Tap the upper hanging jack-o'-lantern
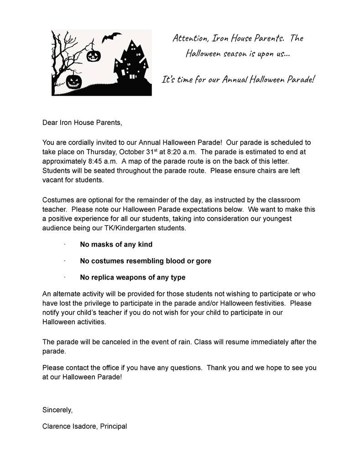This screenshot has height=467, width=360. pyautogui.click(x=93, y=55)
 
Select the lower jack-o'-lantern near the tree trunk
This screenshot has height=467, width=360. pyautogui.click(x=73, y=82)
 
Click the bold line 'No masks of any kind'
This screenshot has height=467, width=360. pyautogui.click(x=116, y=244)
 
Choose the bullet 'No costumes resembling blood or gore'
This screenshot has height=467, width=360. pyautogui.click(x=145, y=261)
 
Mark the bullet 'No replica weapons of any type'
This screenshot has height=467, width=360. pyautogui.click(x=132, y=277)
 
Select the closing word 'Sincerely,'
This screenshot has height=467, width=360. pyautogui.click(x=57, y=410)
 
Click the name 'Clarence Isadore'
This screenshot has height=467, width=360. pyautogui.click(x=68, y=426)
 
